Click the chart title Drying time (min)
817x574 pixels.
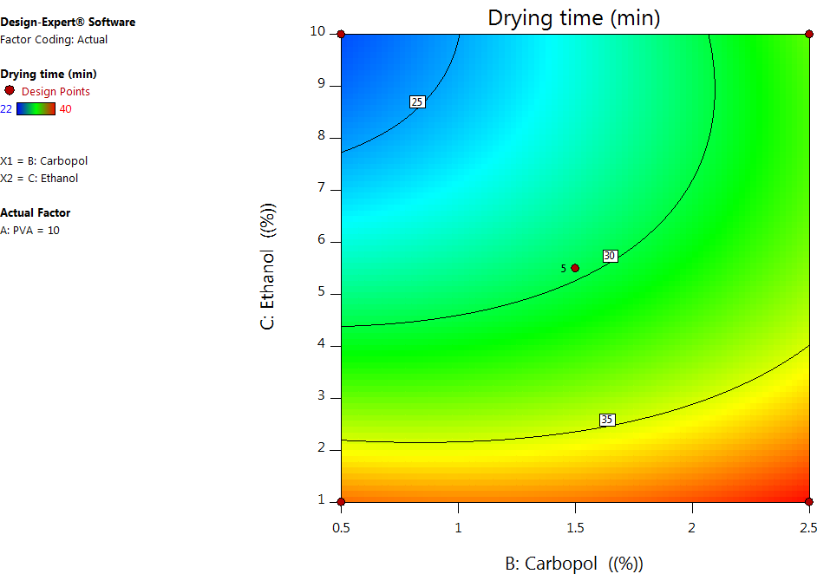[x=573, y=17]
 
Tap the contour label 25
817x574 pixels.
[x=417, y=102]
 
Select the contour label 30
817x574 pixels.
[x=610, y=256]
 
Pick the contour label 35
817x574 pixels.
[x=607, y=420]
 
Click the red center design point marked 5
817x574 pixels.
[x=575, y=268]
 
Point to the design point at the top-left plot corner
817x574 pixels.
[x=341, y=35]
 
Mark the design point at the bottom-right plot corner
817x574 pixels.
[x=808, y=501]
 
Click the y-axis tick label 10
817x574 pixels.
[x=317, y=32]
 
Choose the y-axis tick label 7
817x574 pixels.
[x=321, y=188]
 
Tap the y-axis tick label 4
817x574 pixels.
[x=321, y=345]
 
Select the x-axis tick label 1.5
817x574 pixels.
[x=574, y=527]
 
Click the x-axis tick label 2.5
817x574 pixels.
[x=807, y=527]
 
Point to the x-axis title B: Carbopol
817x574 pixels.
[x=574, y=564]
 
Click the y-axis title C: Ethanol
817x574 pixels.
[x=269, y=266]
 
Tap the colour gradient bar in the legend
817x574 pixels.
[x=36, y=108]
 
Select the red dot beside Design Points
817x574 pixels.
[x=10, y=90]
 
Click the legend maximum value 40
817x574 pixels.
[x=65, y=108]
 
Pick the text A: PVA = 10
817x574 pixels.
[x=30, y=230]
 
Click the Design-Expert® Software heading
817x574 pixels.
[x=68, y=22]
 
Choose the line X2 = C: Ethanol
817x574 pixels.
[x=39, y=178]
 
